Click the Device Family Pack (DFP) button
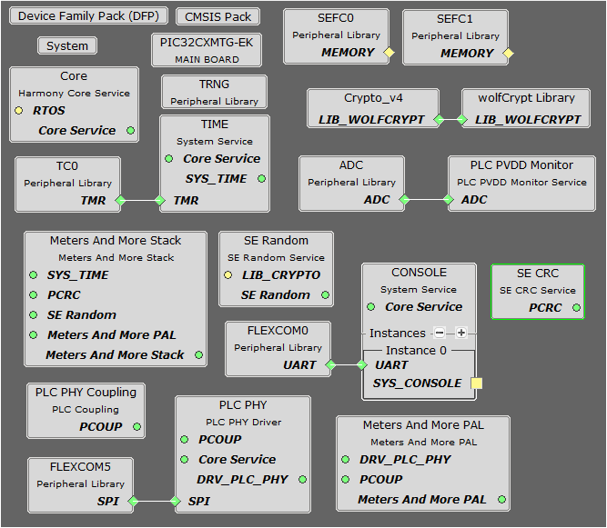[x=87, y=17]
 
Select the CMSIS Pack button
[x=218, y=17]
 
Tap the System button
[x=67, y=45]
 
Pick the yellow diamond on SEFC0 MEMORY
[x=389, y=53]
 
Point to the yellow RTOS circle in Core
[x=19, y=111]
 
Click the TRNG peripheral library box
[x=214, y=92]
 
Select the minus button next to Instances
[x=440, y=334]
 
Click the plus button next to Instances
[x=461, y=334]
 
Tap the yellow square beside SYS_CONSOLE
[x=476, y=384]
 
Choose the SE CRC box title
[x=537, y=274]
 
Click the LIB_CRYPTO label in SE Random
[x=281, y=275]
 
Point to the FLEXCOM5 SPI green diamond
[x=134, y=501]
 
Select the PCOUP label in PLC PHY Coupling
[x=100, y=426]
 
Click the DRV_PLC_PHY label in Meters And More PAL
[x=405, y=460]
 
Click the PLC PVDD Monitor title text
[x=521, y=164]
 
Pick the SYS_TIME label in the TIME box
[x=216, y=179]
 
